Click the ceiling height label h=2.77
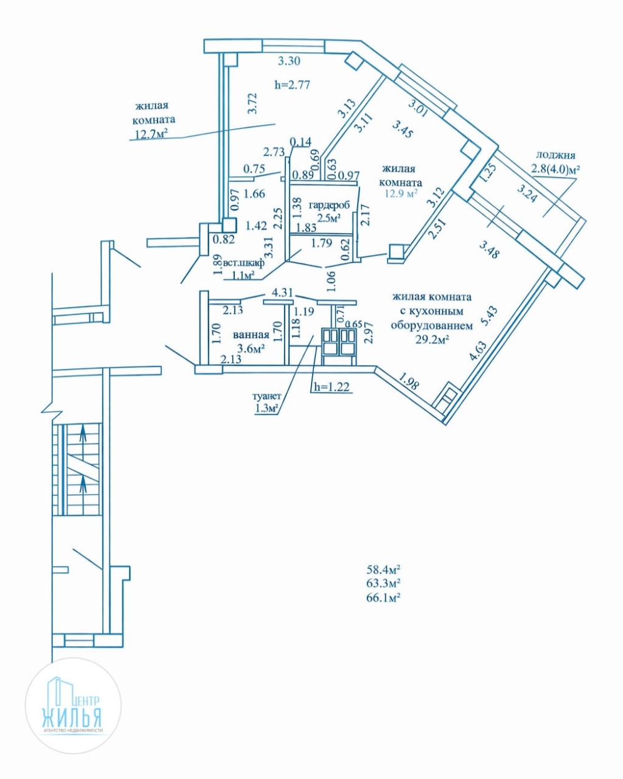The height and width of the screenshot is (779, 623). (x=292, y=85)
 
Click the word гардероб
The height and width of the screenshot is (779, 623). (x=328, y=205)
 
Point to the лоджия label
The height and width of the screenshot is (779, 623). (x=553, y=155)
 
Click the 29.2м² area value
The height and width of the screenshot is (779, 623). (x=432, y=339)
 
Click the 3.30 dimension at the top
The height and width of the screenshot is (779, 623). (x=289, y=61)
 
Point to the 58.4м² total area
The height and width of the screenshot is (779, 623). (x=383, y=569)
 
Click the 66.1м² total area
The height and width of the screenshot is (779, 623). (x=383, y=598)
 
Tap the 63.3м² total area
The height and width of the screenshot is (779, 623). (x=383, y=583)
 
